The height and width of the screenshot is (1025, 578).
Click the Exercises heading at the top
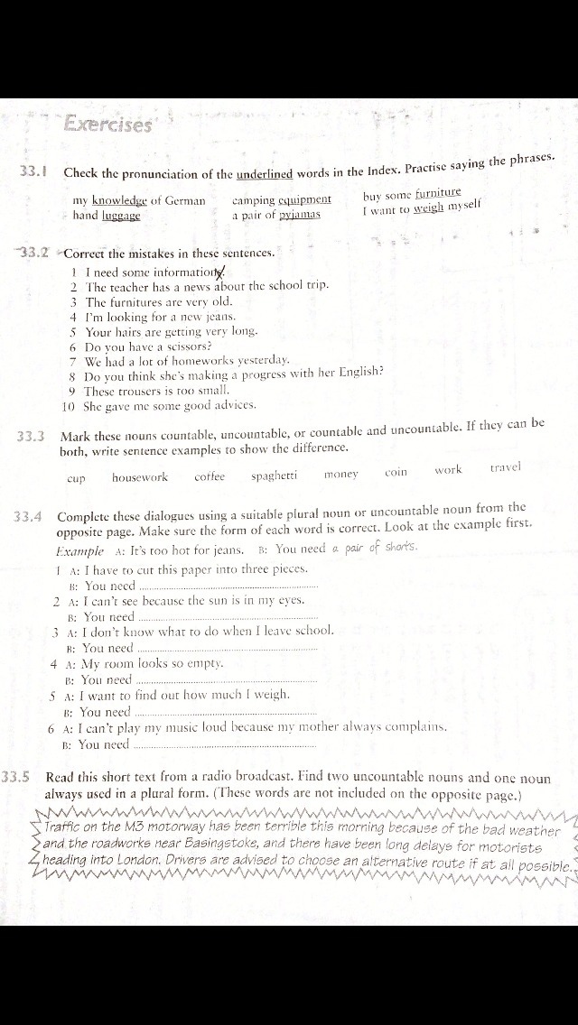(x=107, y=125)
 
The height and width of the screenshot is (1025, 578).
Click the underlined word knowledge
(x=119, y=200)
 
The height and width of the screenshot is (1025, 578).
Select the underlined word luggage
(x=121, y=216)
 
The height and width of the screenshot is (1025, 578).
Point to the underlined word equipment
(x=304, y=200)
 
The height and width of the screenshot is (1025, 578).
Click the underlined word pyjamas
(x=300, y=216)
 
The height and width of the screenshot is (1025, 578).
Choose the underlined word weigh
(x=429, y=208)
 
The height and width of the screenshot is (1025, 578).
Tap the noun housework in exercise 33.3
(x=140, y=477)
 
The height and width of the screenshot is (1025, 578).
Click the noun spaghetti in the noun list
(x=275, y=476)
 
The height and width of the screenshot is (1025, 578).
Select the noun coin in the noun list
(x=396, y=472)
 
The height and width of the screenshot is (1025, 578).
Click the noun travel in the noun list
(x=505, y=467)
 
